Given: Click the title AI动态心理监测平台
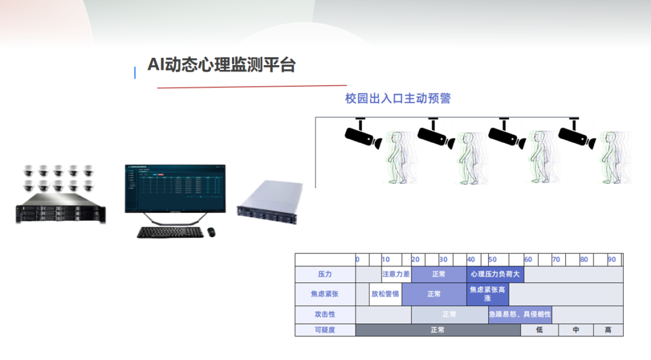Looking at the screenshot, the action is (x=222, y=65).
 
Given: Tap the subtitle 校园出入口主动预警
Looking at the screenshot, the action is (x=398, y=98).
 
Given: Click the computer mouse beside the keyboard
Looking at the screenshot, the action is (x=212, y=231).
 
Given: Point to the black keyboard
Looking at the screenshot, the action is (x=170, y=232).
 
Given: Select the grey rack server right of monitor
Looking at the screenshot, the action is (x=269, y=203).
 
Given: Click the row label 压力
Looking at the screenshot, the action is (x=325, y=274).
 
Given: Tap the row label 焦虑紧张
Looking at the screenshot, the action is (x=325, y=294).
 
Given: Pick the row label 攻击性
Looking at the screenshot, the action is (x=325, y=314).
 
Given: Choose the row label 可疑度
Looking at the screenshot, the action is (x=325, y=330).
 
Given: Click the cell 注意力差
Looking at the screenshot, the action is (x=396, y=274).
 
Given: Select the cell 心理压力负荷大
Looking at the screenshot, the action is (x=495, y=274).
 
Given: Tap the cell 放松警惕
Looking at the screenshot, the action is (x=385, y=294).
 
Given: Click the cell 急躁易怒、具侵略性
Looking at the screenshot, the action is (x=520, y=314).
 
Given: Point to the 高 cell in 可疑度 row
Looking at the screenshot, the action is (x=608, y=330).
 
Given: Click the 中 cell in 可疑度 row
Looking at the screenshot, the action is (x=576, y=330).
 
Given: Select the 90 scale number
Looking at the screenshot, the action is (x=612, y=259).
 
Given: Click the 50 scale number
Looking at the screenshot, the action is (x=492, y=259).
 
